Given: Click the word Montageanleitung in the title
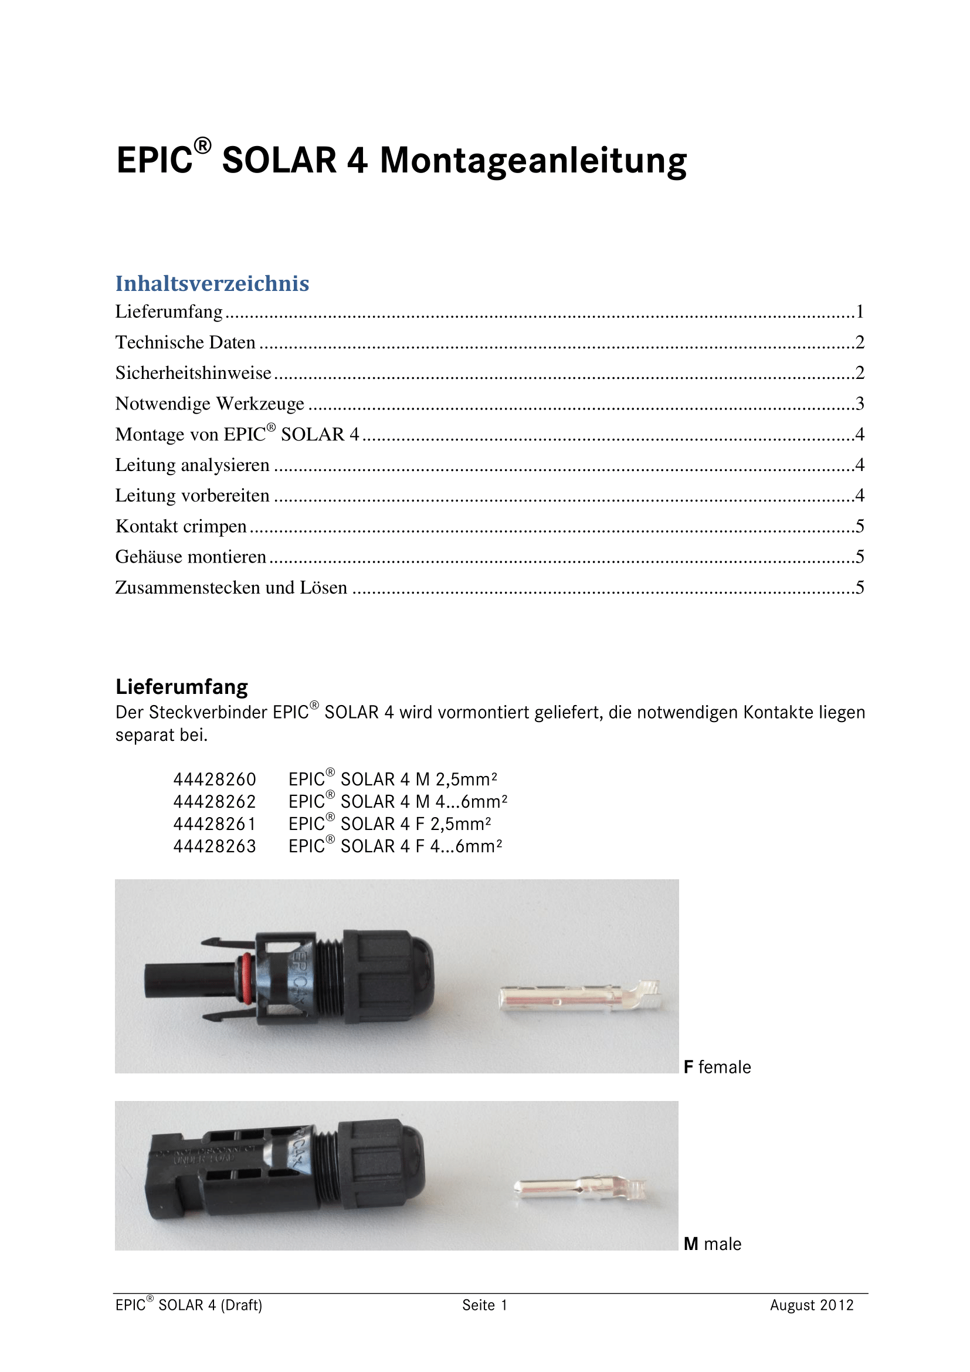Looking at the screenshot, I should click(533, 161).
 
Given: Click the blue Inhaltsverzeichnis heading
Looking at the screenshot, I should click(212, 283).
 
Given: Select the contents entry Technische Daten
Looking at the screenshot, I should click(185, 343).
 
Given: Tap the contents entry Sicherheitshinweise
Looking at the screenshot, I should click(193, 373).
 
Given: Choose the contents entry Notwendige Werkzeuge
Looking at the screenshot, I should click(209, 404).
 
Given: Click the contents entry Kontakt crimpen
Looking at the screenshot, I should click(181, 526).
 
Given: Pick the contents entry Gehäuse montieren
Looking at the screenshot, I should click(191, 557).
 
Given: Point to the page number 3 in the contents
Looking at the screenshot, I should click(860, 404).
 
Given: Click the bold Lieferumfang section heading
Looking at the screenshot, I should click(182, 687).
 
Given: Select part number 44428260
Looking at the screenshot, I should click(215, 780).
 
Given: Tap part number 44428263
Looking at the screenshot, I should click(215, 847).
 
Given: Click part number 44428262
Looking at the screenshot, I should click(215, 802).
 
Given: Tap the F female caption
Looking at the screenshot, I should click(717, 1067).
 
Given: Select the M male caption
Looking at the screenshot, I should click(712, 1244).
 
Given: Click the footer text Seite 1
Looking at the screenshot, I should click(484, 1305).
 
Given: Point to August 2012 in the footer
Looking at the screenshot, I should click(811, 1305).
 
